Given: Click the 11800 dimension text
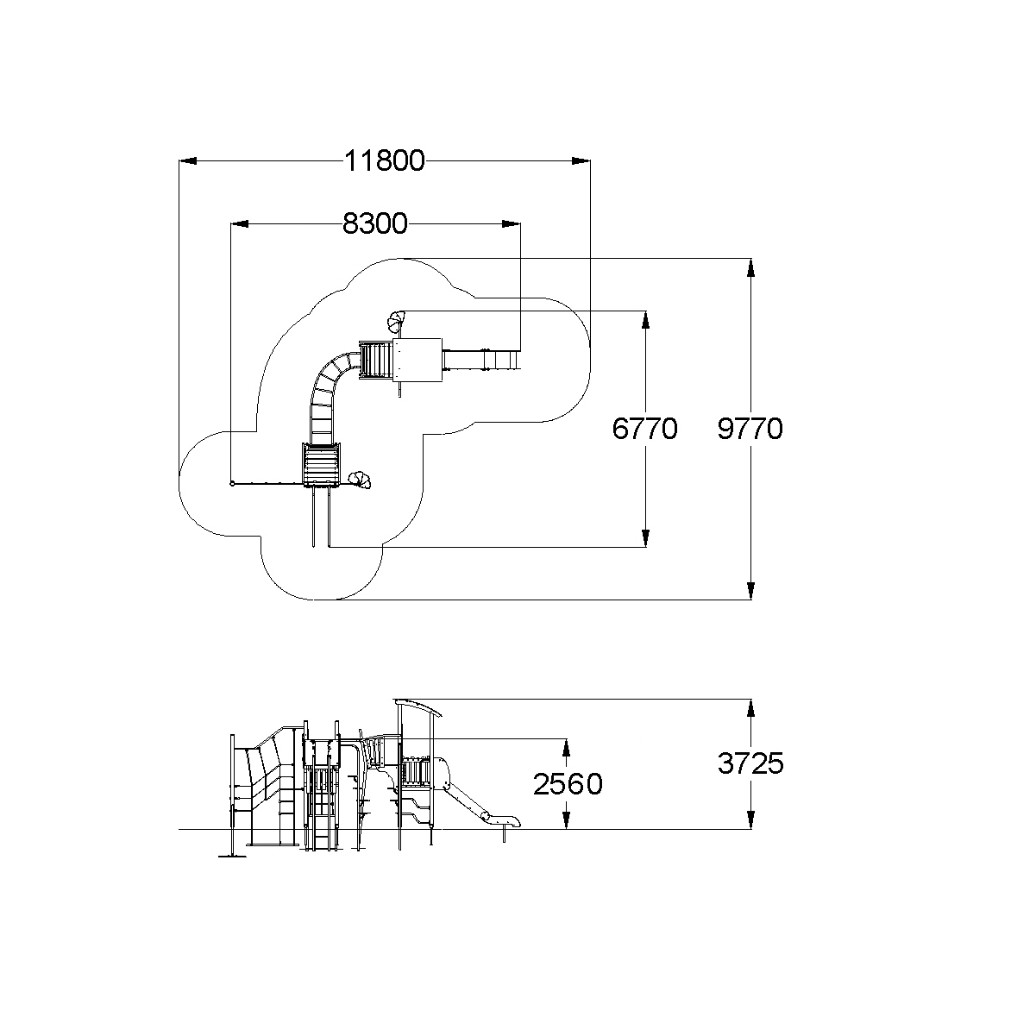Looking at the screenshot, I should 385,161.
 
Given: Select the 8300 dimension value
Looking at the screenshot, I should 374,224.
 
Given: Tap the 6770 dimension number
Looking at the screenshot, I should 644,429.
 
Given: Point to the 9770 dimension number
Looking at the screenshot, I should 750,429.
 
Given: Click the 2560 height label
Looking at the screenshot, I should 567,785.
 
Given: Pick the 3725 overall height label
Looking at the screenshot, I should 750,763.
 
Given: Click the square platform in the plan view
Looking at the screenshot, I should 418,360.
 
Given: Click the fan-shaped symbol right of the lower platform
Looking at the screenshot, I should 359,480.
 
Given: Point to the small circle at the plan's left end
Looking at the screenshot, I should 232,484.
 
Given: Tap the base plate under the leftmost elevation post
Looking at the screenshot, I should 232,856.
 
